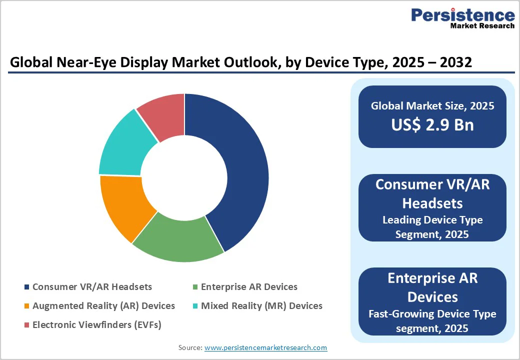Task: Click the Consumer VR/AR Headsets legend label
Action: coord(92,287)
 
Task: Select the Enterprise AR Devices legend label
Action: coord(249,287)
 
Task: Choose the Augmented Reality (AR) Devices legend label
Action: coord(103,305)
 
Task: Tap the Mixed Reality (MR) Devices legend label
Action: coord(261,305)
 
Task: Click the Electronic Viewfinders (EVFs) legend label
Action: coord(96,324)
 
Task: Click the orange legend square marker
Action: coord(26,306)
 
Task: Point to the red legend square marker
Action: coord(26,325)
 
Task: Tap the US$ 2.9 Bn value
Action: coord(432,125)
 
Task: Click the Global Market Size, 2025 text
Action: coord(432,105)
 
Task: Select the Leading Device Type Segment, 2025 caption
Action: coord(432,226)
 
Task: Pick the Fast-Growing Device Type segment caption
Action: coord(432,320)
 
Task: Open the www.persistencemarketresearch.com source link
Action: coord(265,347)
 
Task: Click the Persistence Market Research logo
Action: coord(462,18)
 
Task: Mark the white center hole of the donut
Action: coord(184,178)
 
